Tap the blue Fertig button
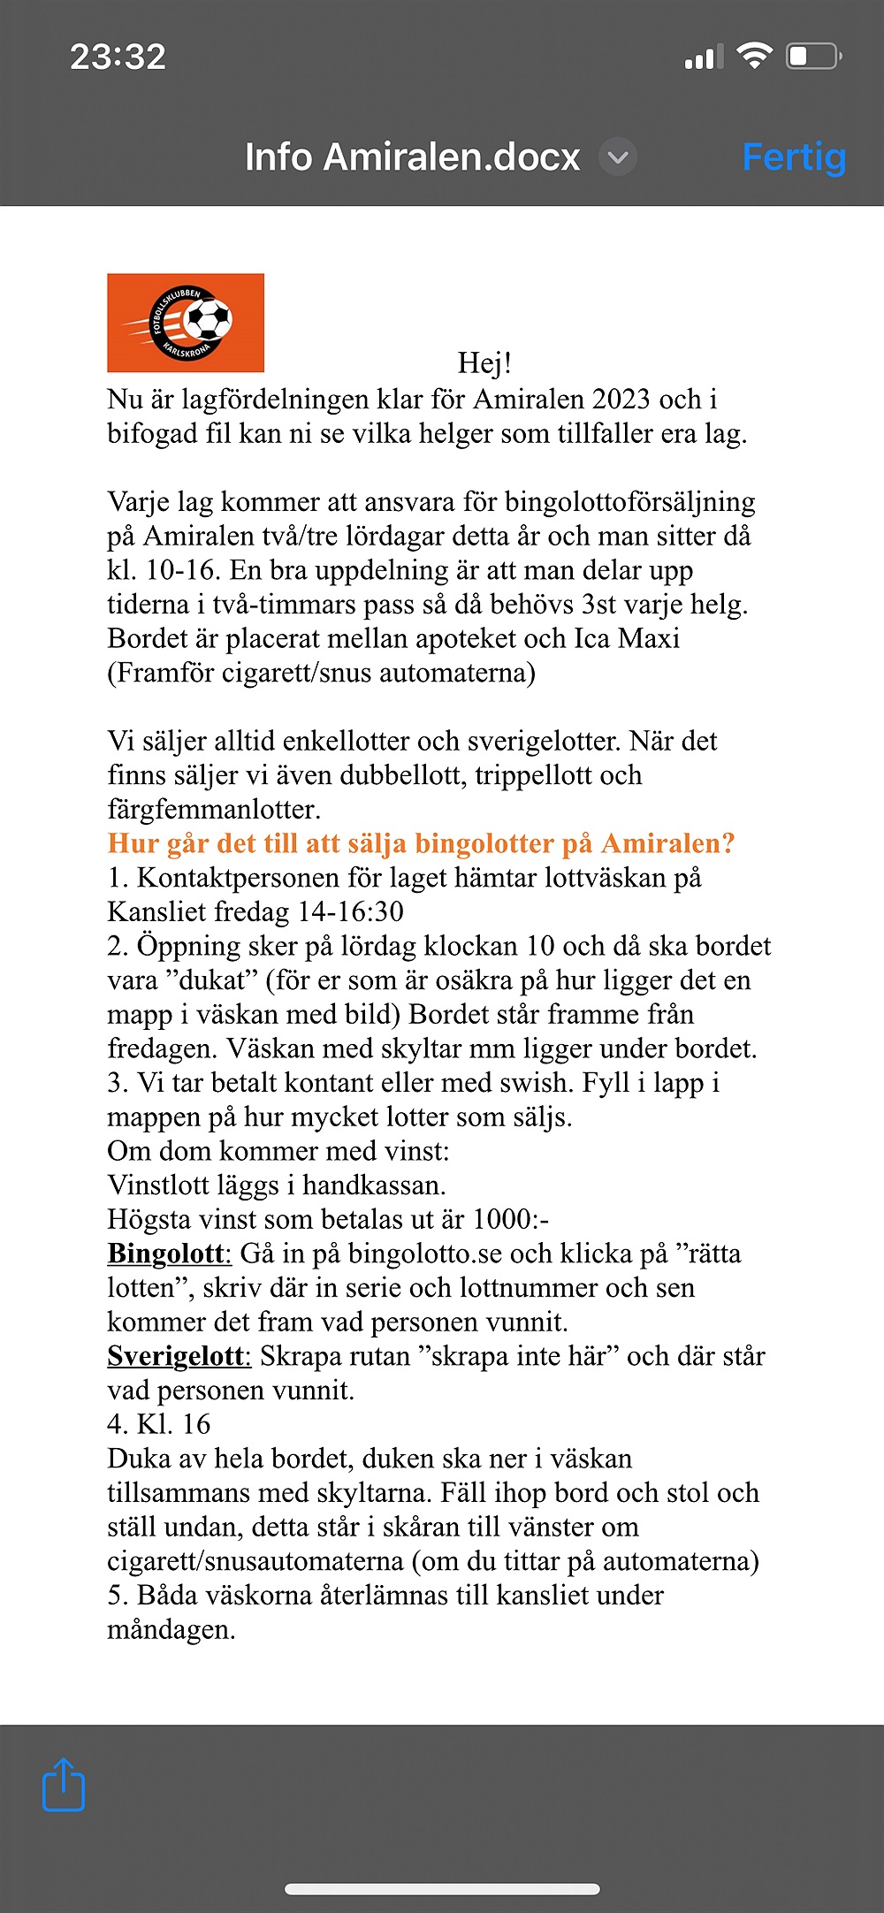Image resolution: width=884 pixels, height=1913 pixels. coord(794,157)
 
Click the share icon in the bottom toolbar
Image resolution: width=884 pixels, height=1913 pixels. coord(64,1785)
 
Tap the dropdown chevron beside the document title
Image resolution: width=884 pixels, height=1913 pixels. coord(618,157)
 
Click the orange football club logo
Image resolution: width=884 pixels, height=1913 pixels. coord(186,323)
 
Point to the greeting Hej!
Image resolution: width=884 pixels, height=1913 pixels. coord(484,362)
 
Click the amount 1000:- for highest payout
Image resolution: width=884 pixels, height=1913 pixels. coord(510,1219)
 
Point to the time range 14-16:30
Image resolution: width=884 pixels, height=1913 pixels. coord(351,911)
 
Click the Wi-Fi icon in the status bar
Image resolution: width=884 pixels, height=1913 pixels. coord(754,57)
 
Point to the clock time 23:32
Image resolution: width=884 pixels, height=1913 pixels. coord(118,57)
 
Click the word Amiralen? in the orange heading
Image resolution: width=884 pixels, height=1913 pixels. coord(667,843)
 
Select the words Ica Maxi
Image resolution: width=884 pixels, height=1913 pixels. coord(627,638)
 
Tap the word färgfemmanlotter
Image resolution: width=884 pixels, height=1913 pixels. coord(212,809)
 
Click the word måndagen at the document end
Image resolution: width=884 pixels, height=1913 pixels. coord(171,1629)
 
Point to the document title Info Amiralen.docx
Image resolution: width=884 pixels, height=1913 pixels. coord(412,157)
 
